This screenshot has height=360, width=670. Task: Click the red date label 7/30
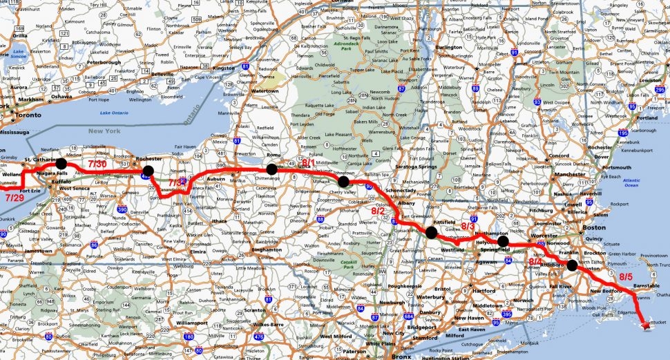97,164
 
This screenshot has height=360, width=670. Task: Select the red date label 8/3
469,226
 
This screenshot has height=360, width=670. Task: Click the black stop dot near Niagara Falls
61,163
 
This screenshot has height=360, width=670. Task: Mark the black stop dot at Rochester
148,170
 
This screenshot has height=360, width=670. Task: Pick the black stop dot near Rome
271,169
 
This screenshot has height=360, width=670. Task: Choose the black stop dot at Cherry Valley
343,182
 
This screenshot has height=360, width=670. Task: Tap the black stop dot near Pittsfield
432,232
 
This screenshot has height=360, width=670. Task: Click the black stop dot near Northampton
504,241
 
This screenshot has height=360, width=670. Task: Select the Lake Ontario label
115,113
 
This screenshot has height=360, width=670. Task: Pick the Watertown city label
264,91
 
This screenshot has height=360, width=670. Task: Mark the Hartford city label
484,291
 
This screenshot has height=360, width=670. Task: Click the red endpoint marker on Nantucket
647,321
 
